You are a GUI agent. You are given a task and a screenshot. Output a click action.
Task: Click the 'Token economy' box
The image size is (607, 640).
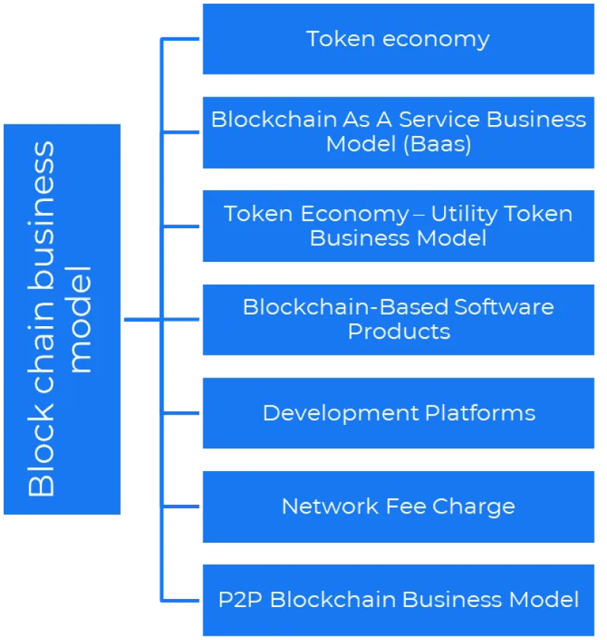pos(399,39)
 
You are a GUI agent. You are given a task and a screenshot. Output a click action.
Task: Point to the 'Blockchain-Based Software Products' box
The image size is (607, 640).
pos(399,320)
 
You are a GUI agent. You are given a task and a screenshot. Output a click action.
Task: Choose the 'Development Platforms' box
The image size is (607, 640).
pos(399,413)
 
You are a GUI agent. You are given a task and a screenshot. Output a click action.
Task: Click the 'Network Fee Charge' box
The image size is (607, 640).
pos(399,506)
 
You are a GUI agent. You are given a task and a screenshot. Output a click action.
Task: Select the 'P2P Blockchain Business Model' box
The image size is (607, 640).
pos(399,600)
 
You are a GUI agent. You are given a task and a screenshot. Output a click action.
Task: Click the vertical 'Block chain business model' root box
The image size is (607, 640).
pos(61,319)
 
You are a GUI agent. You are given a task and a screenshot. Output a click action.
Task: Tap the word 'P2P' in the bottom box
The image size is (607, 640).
pos(241,600)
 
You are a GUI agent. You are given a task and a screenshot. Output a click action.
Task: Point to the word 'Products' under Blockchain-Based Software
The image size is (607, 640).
pos(399,331)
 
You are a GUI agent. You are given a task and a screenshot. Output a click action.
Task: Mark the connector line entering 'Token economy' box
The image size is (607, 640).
pos(181,39)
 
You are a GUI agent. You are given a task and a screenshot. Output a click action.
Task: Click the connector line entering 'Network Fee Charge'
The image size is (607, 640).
pos(181,506)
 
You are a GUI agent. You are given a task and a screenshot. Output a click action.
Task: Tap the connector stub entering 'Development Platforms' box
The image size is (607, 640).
pos(181,413)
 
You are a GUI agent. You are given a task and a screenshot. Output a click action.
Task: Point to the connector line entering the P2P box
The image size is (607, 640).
pos(181,600)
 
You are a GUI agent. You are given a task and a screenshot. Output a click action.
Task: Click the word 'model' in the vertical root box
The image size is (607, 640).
pos(81,319)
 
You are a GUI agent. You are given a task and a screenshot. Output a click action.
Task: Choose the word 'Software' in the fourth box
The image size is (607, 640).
pos(504,306)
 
